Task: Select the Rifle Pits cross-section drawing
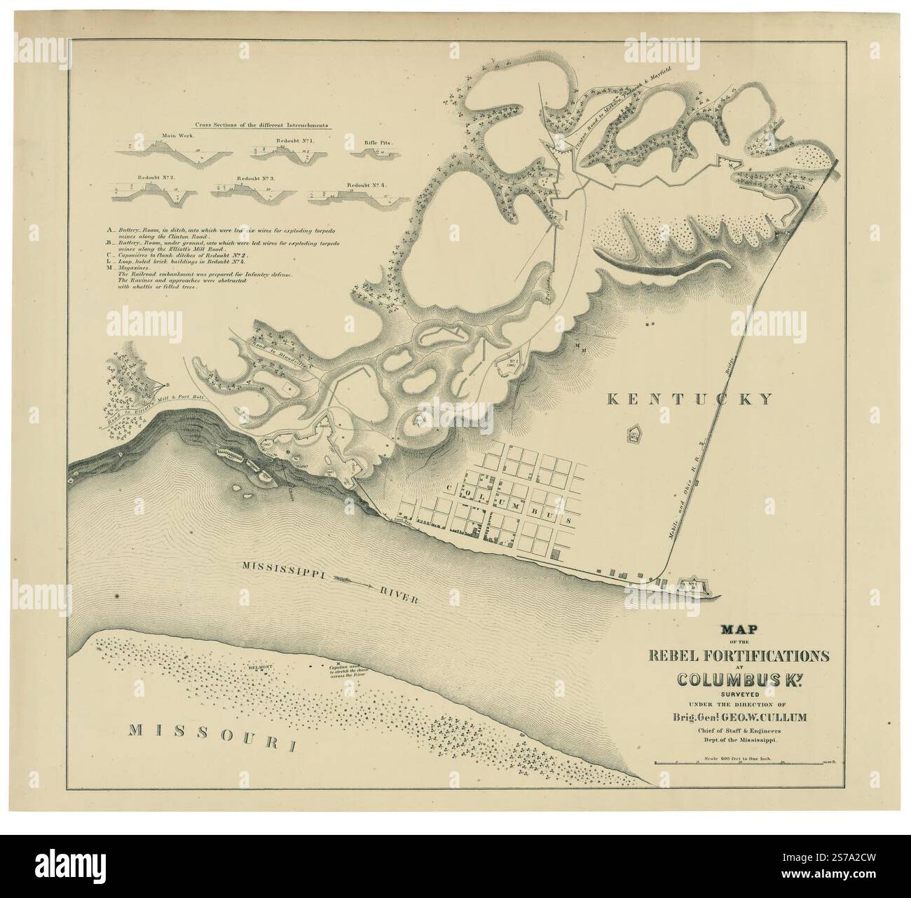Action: [378, 150]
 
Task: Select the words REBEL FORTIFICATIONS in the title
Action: [738, 657]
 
